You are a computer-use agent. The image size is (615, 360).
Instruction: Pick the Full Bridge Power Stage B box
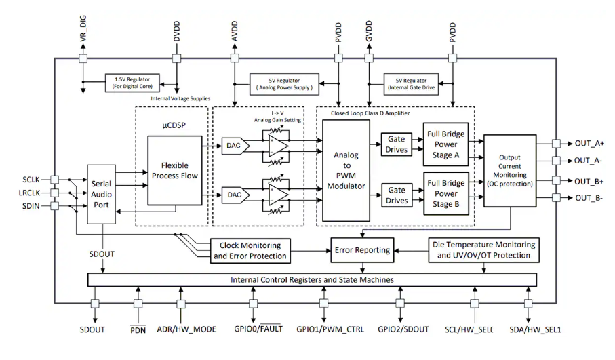pos(445,193)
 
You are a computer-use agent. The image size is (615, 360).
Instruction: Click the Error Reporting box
pos(362,250)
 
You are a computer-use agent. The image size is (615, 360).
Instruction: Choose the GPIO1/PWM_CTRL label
pos(330,329)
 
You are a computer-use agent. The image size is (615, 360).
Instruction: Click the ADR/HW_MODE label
pos(186,329)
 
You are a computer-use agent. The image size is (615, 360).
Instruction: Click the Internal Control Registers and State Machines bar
pos(312,279)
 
